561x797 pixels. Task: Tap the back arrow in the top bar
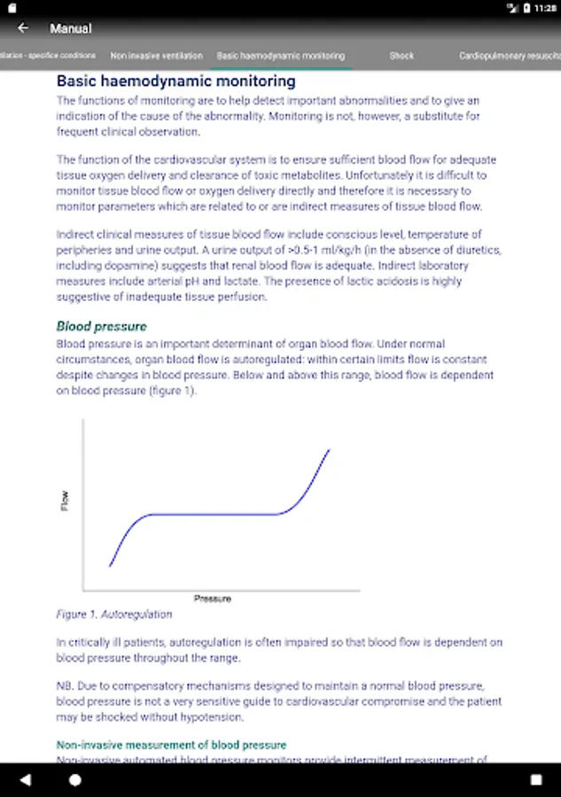(23, 28)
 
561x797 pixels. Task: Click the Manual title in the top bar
(71, 28)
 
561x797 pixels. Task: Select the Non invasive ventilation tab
(156, 56)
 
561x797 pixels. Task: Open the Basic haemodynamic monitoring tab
(281, 56)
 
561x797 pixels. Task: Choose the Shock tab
(401, 56)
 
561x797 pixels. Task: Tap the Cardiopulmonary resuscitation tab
(510, 56)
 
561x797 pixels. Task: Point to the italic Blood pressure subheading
(102, 326)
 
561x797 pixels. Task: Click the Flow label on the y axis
(65, 501)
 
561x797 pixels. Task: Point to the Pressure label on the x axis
(213, 599)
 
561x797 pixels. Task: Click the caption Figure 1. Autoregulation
(114, 614)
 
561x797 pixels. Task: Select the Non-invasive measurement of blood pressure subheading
(171, 745)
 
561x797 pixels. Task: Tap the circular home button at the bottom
(75, 780)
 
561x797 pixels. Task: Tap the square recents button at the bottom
(536, 780)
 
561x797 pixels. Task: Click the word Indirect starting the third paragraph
(74, 235)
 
